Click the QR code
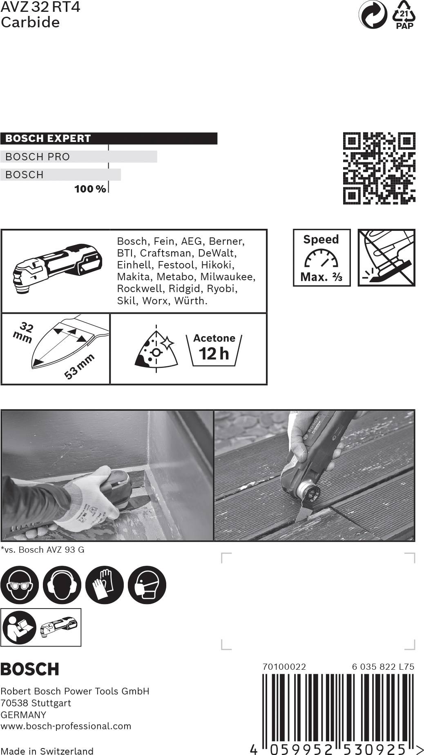[x=379, y=168]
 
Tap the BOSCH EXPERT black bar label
[x=48, y=138]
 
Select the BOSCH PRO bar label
[x=38, y=157]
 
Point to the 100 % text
[x=90, y=189]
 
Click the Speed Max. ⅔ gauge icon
[x=321, y=258]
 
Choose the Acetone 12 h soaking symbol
[x=214, y=349]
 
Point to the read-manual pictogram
[x=19, y=627]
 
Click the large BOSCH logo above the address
[x=30, y=669]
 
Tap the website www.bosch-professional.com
[x=66, y=726]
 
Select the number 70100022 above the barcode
[x=284, y=666]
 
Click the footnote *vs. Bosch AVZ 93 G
[x=42, y=549]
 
